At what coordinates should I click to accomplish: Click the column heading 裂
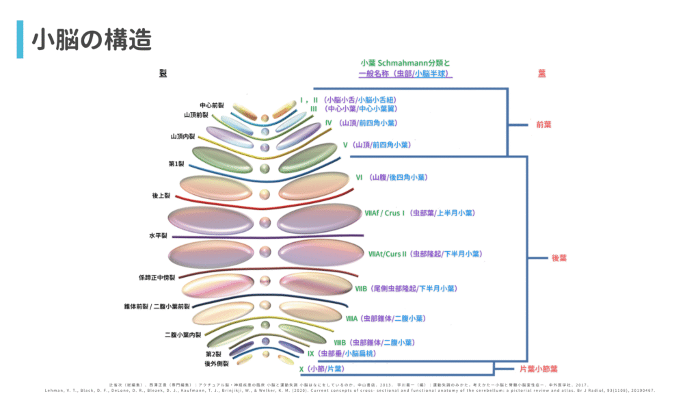(x=163, y=73)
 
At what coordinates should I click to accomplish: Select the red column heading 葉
(x=541, y=73)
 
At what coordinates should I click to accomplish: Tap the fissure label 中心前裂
(x=213, y=105)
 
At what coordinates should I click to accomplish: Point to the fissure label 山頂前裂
(x=196, y=115)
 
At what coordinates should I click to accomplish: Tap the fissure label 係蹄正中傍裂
(x=157, y=278)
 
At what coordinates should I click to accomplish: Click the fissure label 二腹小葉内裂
(x=183, y=334)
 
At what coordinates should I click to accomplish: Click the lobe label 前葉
(x=544, y=125)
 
